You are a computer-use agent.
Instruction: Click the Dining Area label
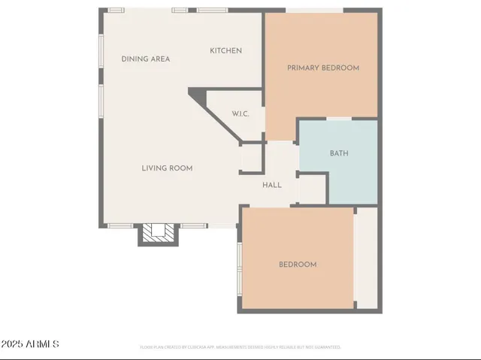(x=146, y=59)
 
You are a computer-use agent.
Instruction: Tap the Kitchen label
(x=225, y=50)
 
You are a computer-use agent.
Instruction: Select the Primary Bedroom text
(x=323, y=68)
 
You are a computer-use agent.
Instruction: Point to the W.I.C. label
(x=240, y=113)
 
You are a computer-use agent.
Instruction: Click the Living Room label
(x=167, y=168)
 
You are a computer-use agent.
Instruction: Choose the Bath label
(x=339, y=153)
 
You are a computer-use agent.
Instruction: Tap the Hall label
(x=272, y=185)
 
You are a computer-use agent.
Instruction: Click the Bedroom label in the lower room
(x=298, y=265)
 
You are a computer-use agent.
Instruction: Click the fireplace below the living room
(x=159, y=234)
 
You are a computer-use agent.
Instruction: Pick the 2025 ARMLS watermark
(x=30, y=344)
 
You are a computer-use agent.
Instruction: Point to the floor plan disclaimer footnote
(x=240, y=347)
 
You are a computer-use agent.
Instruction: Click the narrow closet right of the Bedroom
(x=366, y=257)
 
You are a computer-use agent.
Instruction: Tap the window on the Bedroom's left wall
(x=239, y=266)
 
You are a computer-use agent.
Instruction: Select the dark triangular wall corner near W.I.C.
(x=198, y=95)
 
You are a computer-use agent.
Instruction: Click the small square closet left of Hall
(x=250, y=158)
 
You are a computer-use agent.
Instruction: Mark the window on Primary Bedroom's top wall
(x=314, y=11)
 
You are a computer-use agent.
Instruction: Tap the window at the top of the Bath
(x=339, y=119)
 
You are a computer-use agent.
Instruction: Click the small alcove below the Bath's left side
(x=312, y=189)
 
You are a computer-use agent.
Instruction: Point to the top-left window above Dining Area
(x=116, y=10)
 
